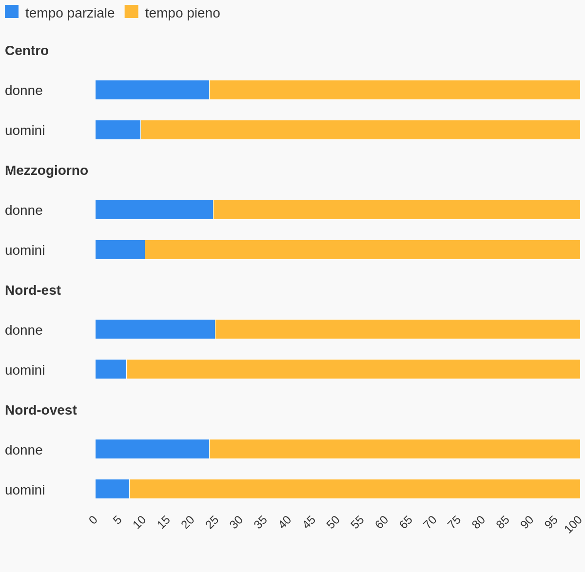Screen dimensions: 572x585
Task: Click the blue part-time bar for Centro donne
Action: pyautogui.click(x=152, y=90)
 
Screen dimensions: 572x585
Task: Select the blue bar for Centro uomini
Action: pyautogui.click(x=118, y=130)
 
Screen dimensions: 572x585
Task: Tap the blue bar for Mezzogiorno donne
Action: pyautogui.click(x=154, y=210)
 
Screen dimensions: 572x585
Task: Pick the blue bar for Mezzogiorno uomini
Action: pyautogui.click(x=120, y=250)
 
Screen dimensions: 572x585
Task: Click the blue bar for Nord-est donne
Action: pyautogui.click(x=155, y=329)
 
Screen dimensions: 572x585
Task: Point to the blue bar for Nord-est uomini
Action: pyautogui.click(x=111, y=369)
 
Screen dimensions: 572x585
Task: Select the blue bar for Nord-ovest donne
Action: pyautogui.click(x=152, y=449)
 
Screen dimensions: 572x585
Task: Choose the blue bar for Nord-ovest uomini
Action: pyautogui.click(x=112, y=489)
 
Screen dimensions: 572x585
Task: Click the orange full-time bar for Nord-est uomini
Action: pyautogui.click(x=353, y=369)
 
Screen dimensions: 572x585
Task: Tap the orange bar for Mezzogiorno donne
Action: pyautogui.click(x=396, y=210)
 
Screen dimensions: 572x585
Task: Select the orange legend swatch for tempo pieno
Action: pyautogui.click(x=131, y=12)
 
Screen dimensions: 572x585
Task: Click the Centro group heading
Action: pyautogui.click(x=27, y=51)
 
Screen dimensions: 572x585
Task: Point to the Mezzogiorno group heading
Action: pyautogui.click(x=46, y=171)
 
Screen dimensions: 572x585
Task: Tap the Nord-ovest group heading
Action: pyautogui.click(x=41, y=410)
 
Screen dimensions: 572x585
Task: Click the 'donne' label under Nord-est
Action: pyautogui.click(x=24, y=330)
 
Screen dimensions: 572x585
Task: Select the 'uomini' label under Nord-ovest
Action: pyautogui.click(x=25, y=490)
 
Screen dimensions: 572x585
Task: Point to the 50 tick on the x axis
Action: pyautogui.click(x=333, y=522)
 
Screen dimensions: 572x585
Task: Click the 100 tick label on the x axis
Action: pyautogui.click(x=573, y=524)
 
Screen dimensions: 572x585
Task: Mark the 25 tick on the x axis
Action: pyautogui.click(x=212, y=522)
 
